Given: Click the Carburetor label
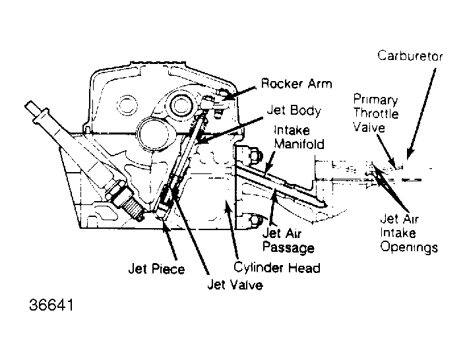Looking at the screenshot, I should click(x=410, y=56).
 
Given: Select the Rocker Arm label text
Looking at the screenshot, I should click(x=296, y=84).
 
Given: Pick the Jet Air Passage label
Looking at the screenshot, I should click(x=288, y=241).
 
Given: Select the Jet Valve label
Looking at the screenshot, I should click(x=234, y=285).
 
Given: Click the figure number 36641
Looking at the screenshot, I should click(x=51, y=307).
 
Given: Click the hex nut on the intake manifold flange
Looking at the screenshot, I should click(x=254, y=156).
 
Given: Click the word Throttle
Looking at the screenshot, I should click(x=375, y=113).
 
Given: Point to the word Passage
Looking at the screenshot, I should click(x=288, y=248).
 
